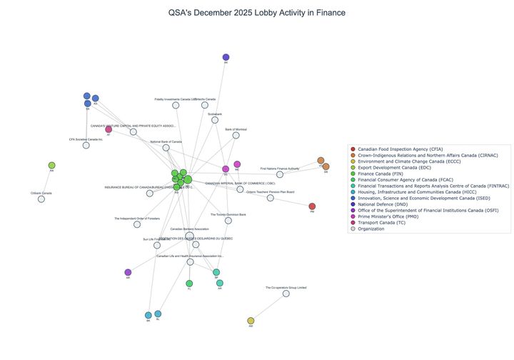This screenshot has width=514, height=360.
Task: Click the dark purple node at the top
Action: (x=226, y=57)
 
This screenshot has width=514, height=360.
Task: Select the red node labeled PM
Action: (x=312, y=206)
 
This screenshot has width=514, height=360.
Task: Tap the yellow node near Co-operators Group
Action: (x=251, y=321)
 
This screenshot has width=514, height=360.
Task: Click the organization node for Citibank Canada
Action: (x=41, y=199)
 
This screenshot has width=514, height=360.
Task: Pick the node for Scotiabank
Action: (x=215, y=120)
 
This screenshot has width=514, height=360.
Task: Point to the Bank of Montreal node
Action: (x=236, y=135)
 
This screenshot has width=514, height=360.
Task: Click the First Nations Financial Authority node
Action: (x=280, y=174)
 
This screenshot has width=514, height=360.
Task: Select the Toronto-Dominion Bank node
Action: (x=228, y=221)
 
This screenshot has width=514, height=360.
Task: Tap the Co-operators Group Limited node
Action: (x=286, y=294)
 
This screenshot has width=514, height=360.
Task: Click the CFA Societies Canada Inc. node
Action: (x=86, y=145)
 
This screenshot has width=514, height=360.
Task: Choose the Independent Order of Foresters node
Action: (x=137, y=224)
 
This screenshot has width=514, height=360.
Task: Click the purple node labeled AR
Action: (x=128, y=272)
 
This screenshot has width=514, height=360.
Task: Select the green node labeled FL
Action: (x=189, y=284)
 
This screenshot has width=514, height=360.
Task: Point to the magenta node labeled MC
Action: (x=237, y=164)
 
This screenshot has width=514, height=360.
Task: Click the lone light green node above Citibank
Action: (x=51, y=166)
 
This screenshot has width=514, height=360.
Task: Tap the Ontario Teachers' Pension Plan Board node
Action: (x=270, y=198)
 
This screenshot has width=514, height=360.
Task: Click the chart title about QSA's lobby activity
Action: (x=257, y=13)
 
